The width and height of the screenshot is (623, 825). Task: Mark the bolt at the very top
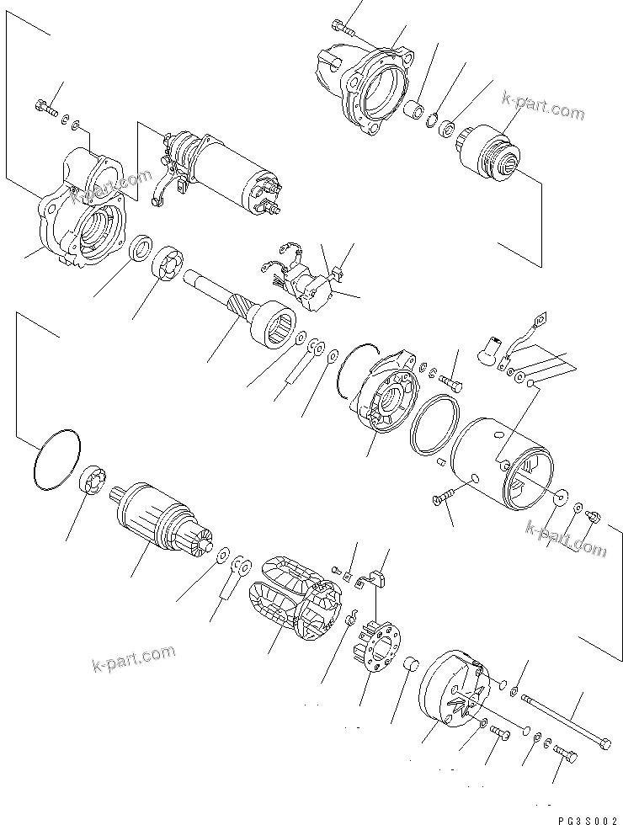[341, 26]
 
